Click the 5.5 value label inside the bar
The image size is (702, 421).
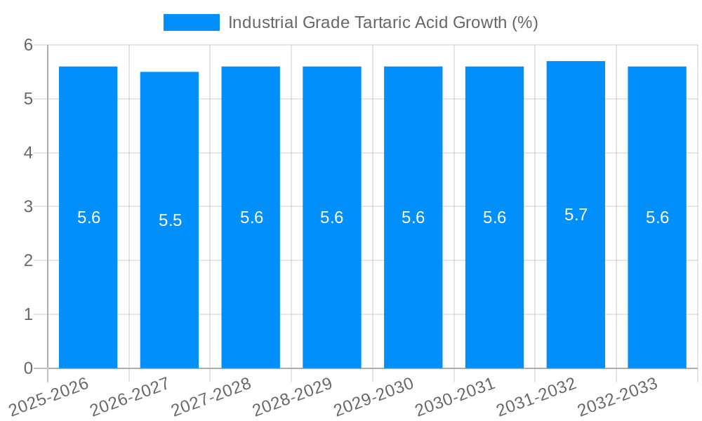(x=170, y=220)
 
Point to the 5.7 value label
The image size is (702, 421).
(x=576, y=215)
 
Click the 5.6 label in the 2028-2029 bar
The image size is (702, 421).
(x=332, y=218)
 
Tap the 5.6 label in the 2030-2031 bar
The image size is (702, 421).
(x=494, y=218)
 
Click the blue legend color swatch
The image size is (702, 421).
(x=191, y=22)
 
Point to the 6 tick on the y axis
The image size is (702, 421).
(x=28, y=45)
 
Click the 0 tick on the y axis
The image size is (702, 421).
(x=28, y=368)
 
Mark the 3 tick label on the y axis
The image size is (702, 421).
(x=28, y=207)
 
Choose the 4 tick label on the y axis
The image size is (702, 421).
(x=28, y=153)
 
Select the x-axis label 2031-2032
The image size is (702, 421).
(x=537, y=396)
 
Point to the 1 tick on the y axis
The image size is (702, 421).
(x=28, y=314)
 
